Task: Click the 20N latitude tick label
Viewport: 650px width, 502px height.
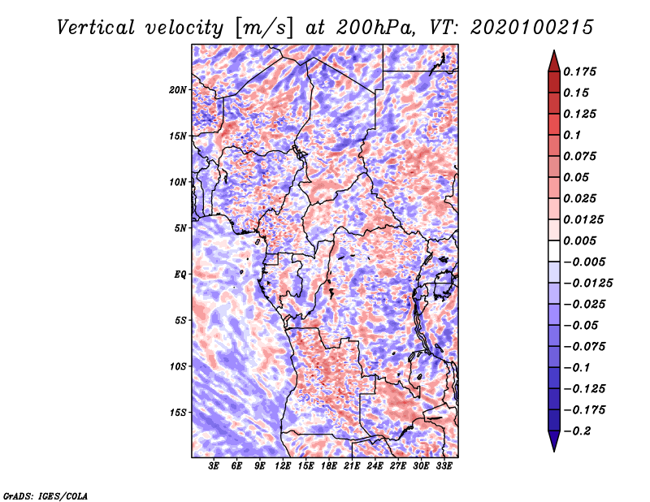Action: pyautogui.click(x=178, y=89)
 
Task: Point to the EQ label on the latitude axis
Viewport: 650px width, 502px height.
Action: pyautogui.click(x=180, y=274)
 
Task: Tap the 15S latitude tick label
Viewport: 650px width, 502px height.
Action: pyautogui.click(x=178, y=413)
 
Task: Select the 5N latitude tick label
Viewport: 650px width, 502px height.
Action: pyautogui.click(x=180, y=228)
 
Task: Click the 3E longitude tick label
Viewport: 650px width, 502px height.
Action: pyautogui.click(x=214, y=466)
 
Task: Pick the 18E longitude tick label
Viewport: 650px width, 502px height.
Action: pyautogui.click(x=329, y=466)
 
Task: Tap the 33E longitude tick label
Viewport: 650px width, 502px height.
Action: pyautogui.click(x=444, y=466)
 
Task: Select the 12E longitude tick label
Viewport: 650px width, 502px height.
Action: pyautogui.click(x=283, y=466)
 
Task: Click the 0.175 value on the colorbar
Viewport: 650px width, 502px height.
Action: pyautogui.click(x=579, y=71)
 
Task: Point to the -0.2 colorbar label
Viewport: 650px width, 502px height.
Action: pyautogui.click(x=577, y=431)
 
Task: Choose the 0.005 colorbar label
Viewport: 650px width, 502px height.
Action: pyautogui.click(x=579, y=240)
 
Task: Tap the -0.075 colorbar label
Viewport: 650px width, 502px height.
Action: pyautogui.click(x=584, y=347)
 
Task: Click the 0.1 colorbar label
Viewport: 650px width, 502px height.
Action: pyautogui.click(x=572, y=135)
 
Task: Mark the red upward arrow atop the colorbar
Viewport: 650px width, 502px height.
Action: pyautogui.click(x=554, y=62)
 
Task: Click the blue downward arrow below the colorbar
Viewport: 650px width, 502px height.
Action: pyautogui.click(x=554, y=441)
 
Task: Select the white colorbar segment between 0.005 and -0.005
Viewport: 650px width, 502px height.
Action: pyautogui.click(x=554, y=251)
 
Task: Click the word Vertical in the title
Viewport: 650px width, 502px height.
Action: pyautogui.click(x=96, y=28)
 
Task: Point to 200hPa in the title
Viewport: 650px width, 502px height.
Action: pyautogui.click(x=375, y=28)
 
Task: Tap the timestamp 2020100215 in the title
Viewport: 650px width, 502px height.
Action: pyautogui.click(x=532, y=28)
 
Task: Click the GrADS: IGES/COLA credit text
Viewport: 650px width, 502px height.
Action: pyautogui.click(x=45, y=496)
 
